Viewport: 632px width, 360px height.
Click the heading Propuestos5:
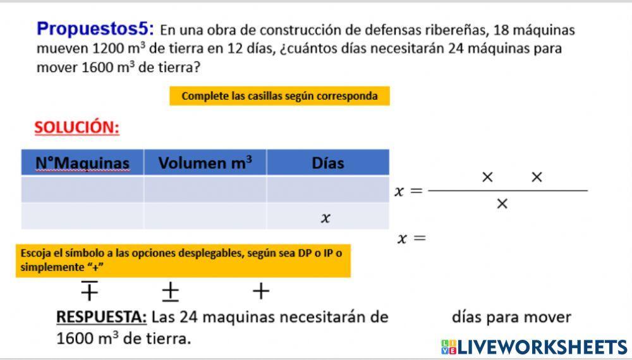click(x=95, y=28)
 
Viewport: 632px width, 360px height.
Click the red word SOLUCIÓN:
click(x=76, y=128)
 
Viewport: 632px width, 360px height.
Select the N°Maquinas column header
click(x=82, y=163)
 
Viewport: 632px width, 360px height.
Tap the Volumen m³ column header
click(x=205, y=163)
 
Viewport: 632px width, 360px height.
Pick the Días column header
click(x=327, y=163)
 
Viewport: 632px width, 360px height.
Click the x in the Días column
click(x=325, y=218)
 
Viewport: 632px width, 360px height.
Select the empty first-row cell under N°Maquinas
click(x=82, y=189)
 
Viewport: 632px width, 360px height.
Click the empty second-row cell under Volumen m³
click(x=205, y=217)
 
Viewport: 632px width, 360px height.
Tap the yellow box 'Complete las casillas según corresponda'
click(x=279, y=96)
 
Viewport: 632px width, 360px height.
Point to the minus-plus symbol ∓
click(x=89, y=291)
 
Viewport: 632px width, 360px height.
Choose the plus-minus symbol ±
click(x=170, y=291)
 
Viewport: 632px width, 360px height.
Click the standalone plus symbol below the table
click(x=260, y=291)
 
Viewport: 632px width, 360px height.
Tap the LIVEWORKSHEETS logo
click(x=534, y=347)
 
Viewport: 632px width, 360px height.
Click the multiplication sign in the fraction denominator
click(x=502, y=203)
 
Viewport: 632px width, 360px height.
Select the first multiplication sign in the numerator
click(x=487, y=177)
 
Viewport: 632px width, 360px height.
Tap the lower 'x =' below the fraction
click(x=411, y=238)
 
